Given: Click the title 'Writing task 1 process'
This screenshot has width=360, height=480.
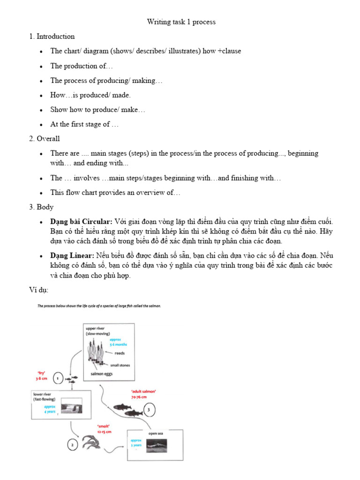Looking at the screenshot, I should click(181, 22).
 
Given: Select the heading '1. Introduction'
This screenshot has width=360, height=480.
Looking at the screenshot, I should click(52, 37).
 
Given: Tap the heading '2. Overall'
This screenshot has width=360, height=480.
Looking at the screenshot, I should click(45, 139).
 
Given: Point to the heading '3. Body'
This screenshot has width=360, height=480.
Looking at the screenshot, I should click(41, 207).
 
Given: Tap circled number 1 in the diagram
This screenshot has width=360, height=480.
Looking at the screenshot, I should click(57, 377).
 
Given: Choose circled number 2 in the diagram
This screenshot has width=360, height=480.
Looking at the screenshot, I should click(73, 445).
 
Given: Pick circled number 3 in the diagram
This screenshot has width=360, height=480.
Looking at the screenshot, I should click(149, 409).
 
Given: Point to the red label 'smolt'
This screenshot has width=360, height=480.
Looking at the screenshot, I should click(104, 427).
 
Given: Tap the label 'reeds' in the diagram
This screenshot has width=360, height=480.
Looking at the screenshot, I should click(120, 353).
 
